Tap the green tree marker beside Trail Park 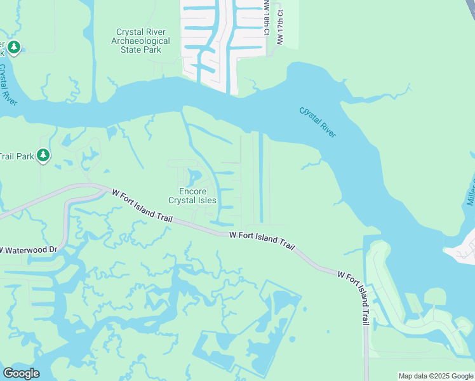tap(43, 155)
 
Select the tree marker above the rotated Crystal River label tap(14, 47)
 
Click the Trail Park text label tap(16, 156)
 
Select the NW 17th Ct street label tap(279, 30)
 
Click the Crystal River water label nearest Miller tap(318, 121)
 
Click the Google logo tap(21, 373)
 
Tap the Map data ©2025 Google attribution tap(435, 376)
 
